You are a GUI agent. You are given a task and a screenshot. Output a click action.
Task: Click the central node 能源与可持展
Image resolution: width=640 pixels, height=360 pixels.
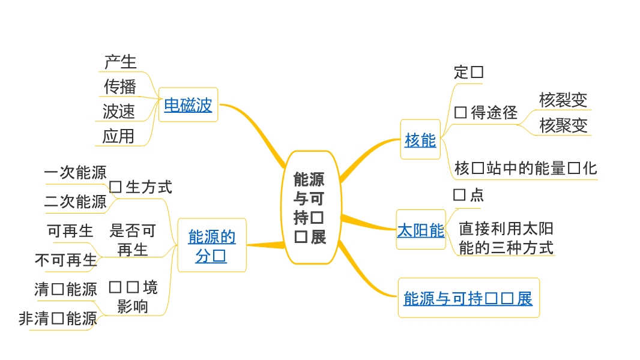coord(309,208)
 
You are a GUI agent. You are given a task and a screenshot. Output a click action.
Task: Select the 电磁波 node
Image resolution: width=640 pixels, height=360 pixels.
coord(188,106)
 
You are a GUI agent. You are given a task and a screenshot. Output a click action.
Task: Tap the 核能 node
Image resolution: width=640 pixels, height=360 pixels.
coord(420,140)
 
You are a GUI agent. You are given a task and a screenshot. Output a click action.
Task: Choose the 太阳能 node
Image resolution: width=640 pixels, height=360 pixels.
coord(420,230)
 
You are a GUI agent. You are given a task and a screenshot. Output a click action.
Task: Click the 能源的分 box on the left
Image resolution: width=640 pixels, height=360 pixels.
coord(211,246)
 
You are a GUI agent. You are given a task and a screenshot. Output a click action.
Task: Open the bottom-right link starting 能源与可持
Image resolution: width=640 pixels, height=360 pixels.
coord(468,298)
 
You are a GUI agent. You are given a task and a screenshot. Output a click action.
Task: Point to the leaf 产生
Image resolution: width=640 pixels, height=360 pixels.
coord(120,62)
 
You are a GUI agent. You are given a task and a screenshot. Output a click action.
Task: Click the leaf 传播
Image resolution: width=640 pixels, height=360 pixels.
coord(120,86)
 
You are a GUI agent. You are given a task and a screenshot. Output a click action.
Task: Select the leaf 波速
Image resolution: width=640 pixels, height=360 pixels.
coord(119,112)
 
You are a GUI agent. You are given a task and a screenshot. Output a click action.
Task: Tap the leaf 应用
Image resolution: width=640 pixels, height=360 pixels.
coord(118,136)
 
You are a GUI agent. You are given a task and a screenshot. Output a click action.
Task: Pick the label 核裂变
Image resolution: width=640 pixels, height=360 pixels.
coord(563,100)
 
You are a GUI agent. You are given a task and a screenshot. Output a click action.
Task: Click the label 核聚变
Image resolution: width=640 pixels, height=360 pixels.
coord(563,125)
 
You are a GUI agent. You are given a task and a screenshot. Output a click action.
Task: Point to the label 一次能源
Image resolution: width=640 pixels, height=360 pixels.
coord(75,173)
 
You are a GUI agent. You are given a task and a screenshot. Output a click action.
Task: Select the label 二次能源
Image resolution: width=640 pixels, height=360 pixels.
coord(75,202)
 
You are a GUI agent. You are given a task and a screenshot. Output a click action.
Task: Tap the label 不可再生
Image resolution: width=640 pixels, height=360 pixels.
coord(66,260)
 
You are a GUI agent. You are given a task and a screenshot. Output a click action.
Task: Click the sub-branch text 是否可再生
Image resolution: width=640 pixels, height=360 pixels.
coord(133,239)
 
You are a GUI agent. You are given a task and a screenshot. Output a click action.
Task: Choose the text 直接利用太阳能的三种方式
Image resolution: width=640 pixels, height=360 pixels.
coord(506,238)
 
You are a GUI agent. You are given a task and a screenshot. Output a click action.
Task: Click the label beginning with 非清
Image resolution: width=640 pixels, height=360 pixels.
coord(58,319)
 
